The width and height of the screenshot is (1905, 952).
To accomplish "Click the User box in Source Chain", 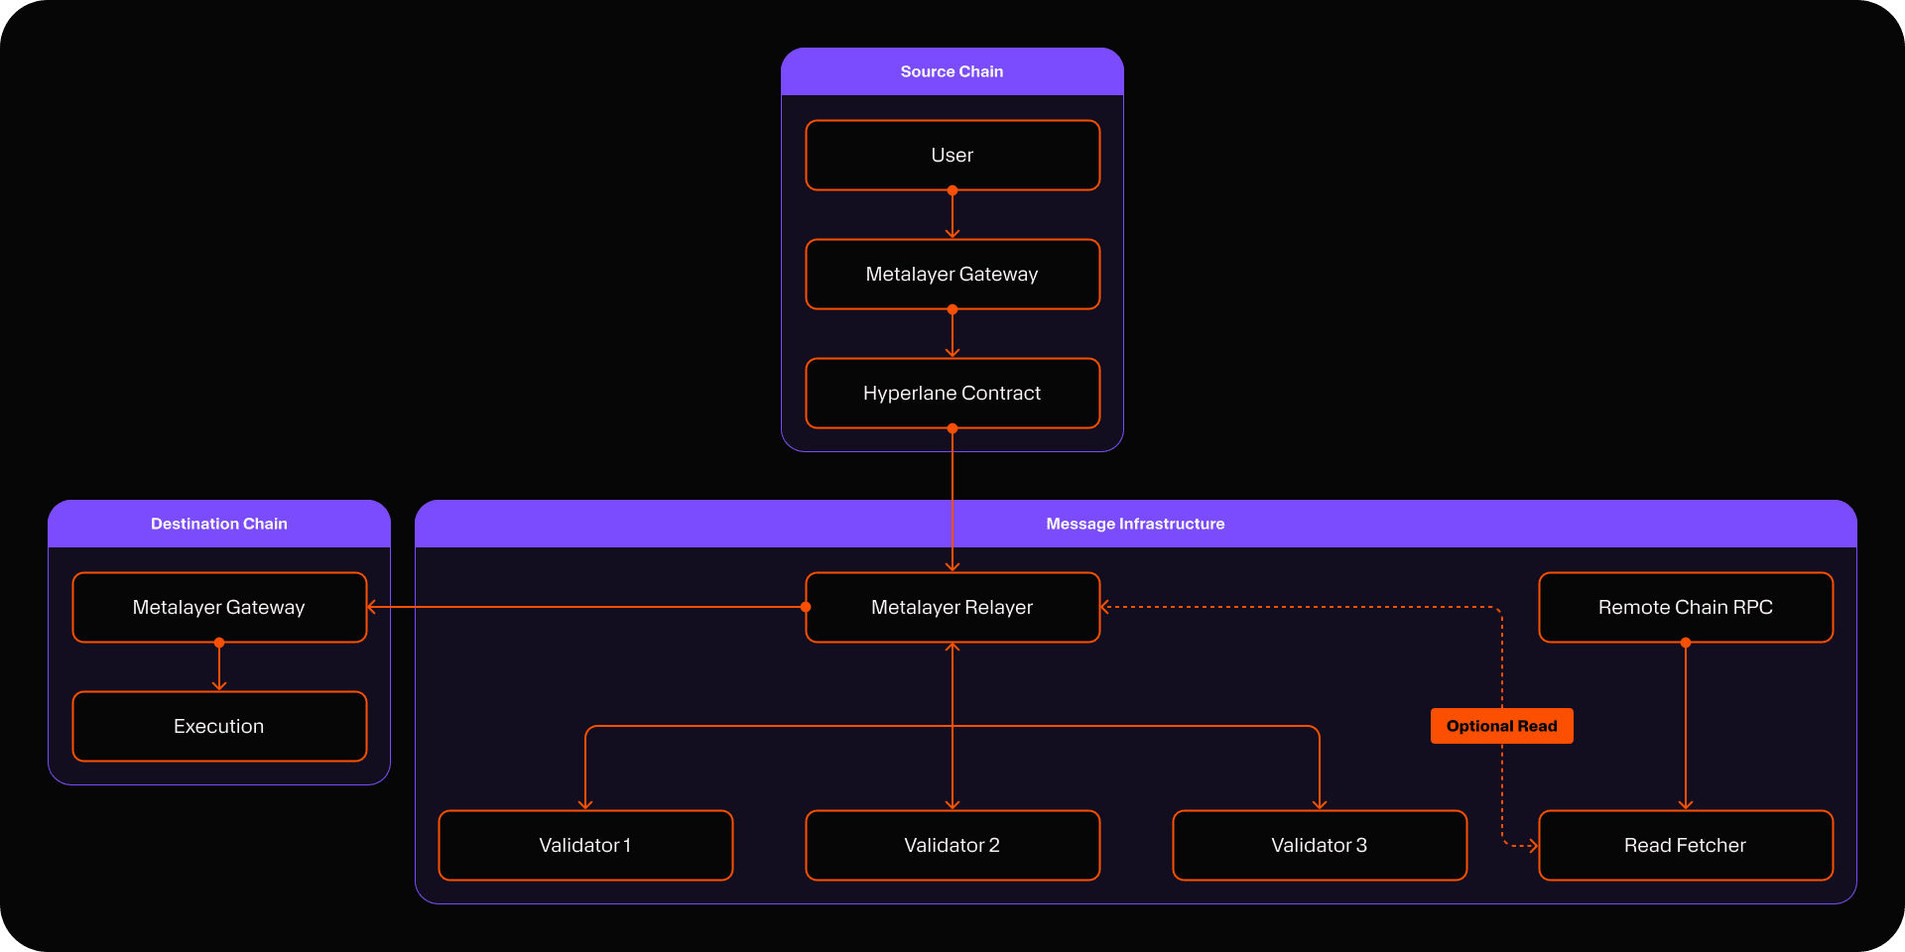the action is [952, 155].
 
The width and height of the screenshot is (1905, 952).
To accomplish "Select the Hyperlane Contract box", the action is [952, 393].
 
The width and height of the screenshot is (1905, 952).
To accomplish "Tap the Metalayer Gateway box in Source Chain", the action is [952, 274].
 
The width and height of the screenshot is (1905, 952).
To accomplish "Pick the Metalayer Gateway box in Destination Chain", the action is [219, 607].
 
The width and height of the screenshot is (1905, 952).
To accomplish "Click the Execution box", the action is [219, 726].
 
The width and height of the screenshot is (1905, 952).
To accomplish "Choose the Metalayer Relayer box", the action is [952, 607].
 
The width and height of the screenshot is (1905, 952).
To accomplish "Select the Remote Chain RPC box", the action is [1686, 607].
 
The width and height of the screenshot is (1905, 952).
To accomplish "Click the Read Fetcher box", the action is [1686, 845].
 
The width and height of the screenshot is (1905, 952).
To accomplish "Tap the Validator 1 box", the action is [585, 845].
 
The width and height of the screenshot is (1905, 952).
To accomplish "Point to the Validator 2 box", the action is [952, 845].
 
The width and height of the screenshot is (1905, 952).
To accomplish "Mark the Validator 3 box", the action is [1320, 845].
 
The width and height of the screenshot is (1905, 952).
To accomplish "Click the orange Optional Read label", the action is [1502, 726].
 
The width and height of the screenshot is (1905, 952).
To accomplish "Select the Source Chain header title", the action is [952, 71].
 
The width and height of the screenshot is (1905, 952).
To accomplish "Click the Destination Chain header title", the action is [219, 524].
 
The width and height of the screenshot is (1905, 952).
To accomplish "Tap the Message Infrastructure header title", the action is [1135, 524].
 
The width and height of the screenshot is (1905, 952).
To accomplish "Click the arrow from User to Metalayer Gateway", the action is [952, 214].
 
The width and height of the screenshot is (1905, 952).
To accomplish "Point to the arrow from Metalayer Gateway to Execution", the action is [219, 666].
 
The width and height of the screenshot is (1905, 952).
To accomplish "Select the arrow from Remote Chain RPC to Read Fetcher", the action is [1686, 726].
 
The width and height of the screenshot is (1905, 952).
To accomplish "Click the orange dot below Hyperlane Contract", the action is [952, 428].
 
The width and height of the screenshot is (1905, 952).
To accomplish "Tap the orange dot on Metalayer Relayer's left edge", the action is [806, 607].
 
